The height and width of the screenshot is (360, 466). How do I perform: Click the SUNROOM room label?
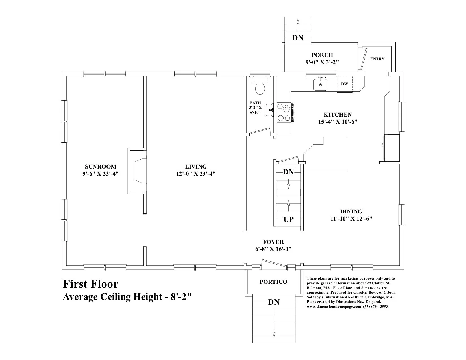pyautogui.click(x=101, y=167)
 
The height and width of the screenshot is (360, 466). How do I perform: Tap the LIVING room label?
pyautogui.click(x=196, y=167)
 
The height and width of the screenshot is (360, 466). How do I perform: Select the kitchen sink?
pyautogui.click(x=320, y=84)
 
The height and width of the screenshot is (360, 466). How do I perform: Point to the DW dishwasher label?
pyautogui.click(x=344, y=84)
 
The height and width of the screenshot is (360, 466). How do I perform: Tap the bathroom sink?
pyautogui.click(x=269, y=110)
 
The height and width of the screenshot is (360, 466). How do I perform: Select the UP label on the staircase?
pyautogui.click(x=288, y=219)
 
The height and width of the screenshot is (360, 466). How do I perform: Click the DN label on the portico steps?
pyautogui.click(x=274, y=302)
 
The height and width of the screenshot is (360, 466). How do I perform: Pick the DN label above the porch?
pyautogui.click(x=298, y=38)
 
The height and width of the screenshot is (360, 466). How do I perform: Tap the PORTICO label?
pyautogui.click(x=273, y=282)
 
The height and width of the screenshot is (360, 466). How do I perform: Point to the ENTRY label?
pyautogui.click(x=377, y=59)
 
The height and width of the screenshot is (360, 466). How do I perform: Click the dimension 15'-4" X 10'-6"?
pyautogui.click(x=337, y=122)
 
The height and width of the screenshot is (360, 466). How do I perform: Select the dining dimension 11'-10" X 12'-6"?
pyautogui.click(x=351, y=219)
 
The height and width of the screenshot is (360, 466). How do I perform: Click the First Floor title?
pyautogui.click(x=90, y=284)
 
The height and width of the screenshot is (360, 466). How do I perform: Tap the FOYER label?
pyautogui.click(x=273, y=242)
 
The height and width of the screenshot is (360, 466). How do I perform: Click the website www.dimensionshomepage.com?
pyautogui.click(x=334, y=307)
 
